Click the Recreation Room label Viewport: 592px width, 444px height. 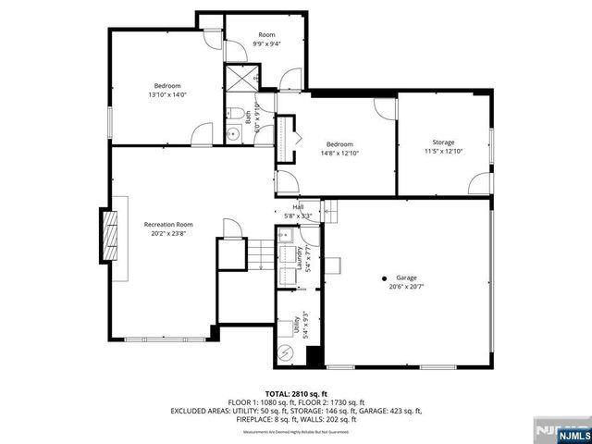[167, 224]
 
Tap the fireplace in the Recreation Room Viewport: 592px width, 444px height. [110, 239]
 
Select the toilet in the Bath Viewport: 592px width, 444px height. [238, 115]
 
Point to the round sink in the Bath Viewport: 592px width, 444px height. [234, 132]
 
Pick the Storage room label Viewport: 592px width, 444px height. [443, 142]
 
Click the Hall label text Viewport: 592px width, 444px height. [298, 206]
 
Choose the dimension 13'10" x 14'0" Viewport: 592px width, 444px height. [167, 94]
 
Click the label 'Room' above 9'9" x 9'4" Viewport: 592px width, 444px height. [266, 33]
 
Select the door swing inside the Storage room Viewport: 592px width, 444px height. [478, 184]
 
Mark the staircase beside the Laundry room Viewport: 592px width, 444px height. [263, 253]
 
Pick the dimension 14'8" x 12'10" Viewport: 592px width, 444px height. [339, 154]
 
